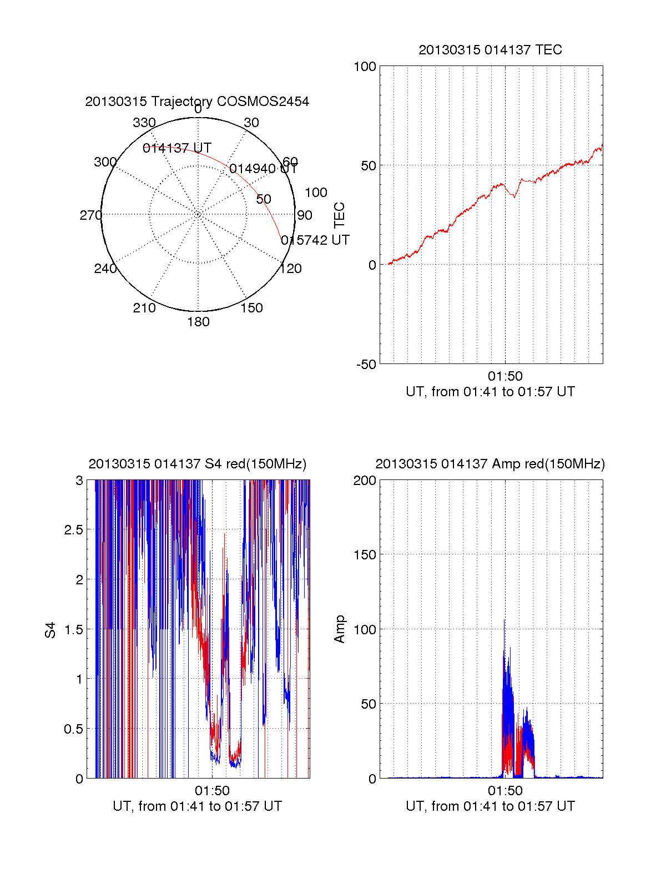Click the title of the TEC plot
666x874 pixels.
point(490,50)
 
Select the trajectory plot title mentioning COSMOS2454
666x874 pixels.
point(197,102)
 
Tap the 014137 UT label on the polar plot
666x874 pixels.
point(177,148)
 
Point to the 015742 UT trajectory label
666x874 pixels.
point(315,240)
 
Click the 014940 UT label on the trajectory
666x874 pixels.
point(263,169)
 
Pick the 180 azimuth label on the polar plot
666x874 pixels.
point(198,322)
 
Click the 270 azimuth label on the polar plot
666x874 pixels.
point(90,215)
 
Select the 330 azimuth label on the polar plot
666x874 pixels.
point(144,123)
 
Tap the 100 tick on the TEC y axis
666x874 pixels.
point(365,67)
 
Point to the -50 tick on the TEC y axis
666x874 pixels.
point(366,365)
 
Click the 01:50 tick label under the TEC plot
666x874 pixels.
point(505,376)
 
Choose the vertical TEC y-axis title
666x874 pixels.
point(339,215)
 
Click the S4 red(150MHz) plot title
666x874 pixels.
point(197,464)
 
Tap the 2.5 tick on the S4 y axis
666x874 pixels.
point(73,530)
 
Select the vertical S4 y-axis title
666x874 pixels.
point(51,630)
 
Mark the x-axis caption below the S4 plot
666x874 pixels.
point(197,806)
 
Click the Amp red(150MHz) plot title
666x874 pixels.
point(490,464)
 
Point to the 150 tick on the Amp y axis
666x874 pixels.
point(365,555)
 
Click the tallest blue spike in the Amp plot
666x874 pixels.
point(504,620)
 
